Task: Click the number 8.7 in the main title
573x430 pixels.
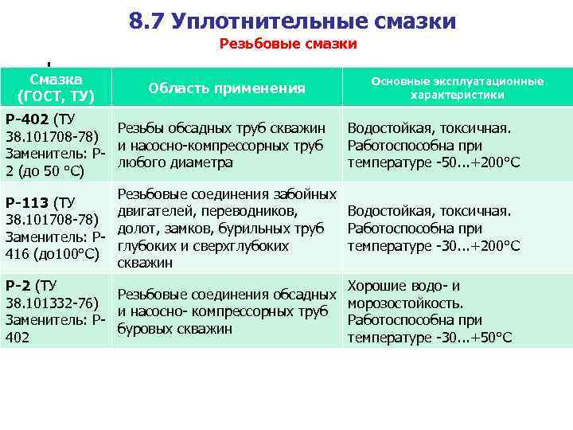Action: pos(146,21)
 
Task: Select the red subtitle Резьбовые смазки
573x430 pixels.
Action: pos(288,45)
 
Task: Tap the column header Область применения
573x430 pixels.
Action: pos(227,88)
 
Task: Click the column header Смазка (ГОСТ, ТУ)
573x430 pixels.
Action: pos(56,88)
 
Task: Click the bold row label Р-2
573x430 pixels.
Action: pos(19,285)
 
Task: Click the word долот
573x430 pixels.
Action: pos(136,229)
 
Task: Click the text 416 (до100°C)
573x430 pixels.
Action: pos(52,255)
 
